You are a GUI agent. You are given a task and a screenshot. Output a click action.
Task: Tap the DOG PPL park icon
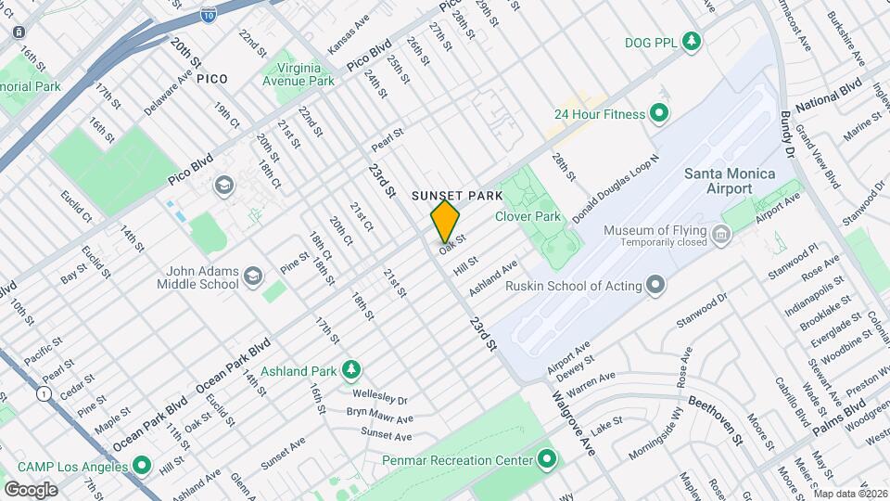[x=691, y=41]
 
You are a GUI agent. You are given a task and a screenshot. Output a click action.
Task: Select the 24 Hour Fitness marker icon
[x=659, y=114]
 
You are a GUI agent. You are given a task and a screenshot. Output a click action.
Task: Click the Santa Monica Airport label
[x=731, y=180]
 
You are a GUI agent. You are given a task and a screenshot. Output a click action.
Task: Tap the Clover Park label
[x=528, y=216]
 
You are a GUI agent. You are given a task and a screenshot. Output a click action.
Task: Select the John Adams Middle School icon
[x=252, y=277]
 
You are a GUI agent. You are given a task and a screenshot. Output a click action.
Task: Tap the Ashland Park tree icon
[x=351, y=370]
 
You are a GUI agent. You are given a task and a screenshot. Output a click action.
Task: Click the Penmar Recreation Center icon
[x=547, y=459]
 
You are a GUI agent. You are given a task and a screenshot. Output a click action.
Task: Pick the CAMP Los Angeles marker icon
[x=142, y=464]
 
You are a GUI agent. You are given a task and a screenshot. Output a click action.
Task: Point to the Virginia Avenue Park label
[x=301, y=74]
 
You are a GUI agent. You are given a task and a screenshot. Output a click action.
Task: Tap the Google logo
[x=31, y=489]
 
